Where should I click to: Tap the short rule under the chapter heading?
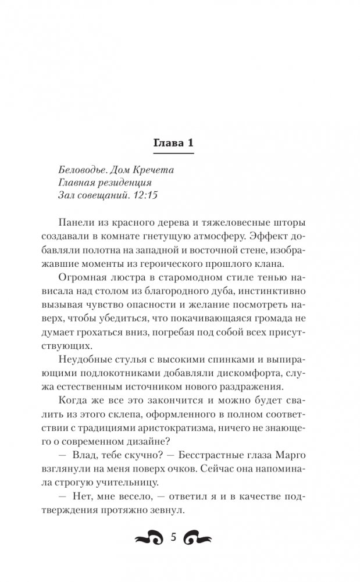click(174, 153)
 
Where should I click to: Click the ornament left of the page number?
click(149, 539)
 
